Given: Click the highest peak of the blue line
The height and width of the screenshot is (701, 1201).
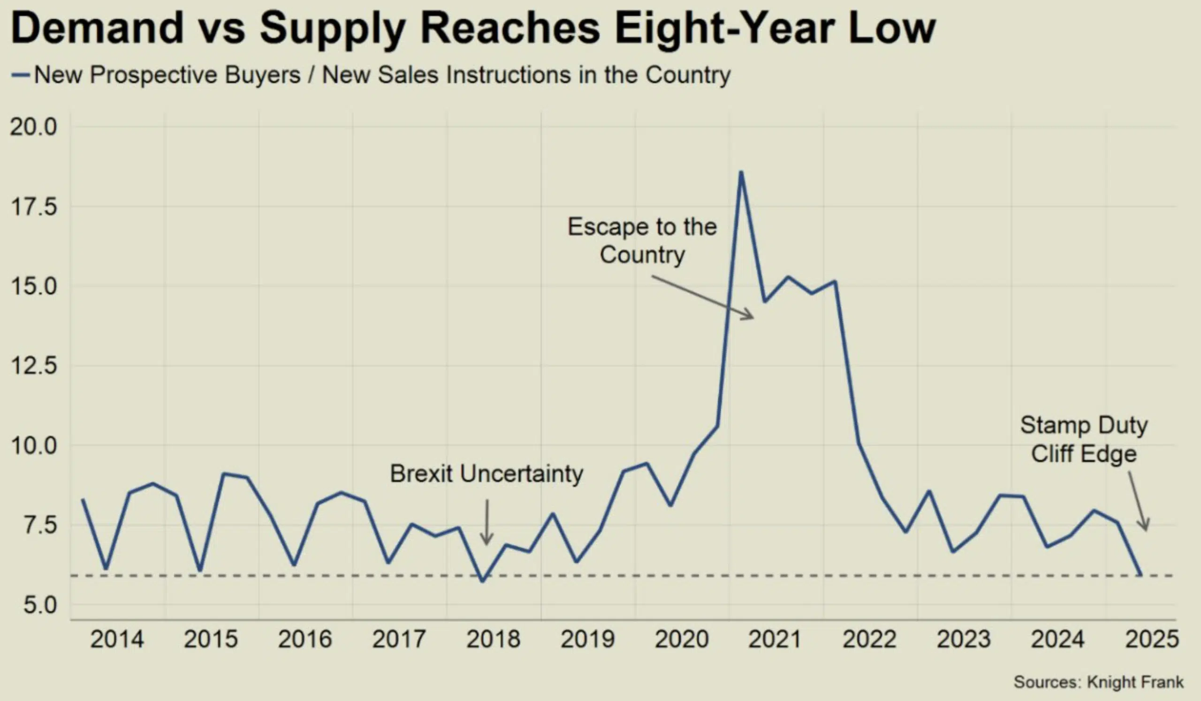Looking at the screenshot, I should [741, 173].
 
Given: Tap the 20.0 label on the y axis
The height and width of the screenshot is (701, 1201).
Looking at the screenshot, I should [33, 127].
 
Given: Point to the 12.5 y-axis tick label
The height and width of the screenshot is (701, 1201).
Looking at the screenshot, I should [33, 366].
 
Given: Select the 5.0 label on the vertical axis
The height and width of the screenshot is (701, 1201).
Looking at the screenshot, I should [40, 605].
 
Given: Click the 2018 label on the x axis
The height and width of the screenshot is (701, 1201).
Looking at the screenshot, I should [493, 640].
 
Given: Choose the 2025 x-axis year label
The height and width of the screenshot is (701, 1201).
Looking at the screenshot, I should [1151, 640].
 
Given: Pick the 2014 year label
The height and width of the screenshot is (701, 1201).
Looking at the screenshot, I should [117, 640].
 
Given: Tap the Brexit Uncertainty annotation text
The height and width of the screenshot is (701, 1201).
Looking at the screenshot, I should [486, 474].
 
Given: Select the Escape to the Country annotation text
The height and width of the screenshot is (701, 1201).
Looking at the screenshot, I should [642, 241].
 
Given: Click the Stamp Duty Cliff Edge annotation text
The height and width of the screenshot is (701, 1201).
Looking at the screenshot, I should [1084, 439].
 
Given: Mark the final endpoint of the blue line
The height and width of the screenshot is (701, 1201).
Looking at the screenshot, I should [1140, 574].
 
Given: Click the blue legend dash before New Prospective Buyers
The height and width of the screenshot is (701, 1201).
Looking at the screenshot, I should [21, 75].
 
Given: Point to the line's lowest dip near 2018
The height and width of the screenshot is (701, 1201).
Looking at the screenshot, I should [482, 581].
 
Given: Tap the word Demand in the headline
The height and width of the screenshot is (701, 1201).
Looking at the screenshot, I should [97, 29].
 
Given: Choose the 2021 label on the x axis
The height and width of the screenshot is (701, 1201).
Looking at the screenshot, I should [775, 640].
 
